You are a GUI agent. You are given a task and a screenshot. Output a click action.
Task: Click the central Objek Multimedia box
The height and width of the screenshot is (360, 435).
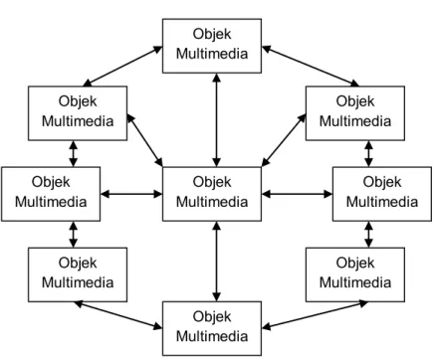coord(212,194)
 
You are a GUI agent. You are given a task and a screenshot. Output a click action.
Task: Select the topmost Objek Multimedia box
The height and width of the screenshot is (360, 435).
coord(212,46)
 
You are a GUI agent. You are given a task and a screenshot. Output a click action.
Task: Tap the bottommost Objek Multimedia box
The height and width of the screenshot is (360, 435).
coord(212,328)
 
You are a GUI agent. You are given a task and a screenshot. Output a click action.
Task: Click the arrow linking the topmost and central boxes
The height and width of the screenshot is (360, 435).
coord(217,120)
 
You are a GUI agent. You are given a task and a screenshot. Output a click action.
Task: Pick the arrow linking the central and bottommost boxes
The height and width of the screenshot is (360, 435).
coord(217,262)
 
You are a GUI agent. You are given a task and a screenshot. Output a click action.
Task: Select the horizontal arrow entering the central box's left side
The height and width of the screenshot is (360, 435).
coord(131,194)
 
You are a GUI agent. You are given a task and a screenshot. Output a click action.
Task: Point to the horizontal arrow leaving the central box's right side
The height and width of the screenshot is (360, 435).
coord(297,194)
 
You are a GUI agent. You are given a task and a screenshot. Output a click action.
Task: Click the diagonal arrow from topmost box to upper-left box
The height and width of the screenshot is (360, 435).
coord(122,67)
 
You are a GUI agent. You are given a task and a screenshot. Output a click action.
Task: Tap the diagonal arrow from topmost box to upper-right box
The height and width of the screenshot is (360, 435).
coord(311,67)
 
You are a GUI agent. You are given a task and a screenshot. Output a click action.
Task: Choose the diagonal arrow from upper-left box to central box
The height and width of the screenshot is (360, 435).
coord(144,140)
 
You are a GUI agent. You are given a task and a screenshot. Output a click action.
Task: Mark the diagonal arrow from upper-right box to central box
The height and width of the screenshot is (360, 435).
coord(284,140)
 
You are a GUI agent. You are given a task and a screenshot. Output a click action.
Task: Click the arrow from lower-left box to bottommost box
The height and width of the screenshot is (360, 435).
coord(118,315)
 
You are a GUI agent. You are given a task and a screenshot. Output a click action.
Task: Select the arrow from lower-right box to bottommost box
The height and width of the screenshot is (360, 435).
coord(315,315)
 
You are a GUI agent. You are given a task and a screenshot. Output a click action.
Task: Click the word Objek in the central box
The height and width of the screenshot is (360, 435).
coord(212,182)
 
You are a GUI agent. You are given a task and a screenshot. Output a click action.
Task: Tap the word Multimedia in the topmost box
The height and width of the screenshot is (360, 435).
coord(212,54)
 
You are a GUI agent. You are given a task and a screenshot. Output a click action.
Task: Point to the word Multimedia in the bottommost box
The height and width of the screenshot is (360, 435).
coord(212,336)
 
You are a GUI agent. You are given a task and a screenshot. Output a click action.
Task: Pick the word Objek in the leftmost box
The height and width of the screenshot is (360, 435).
coord(51,182)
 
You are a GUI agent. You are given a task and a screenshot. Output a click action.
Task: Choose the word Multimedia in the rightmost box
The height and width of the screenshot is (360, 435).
coord(382,202)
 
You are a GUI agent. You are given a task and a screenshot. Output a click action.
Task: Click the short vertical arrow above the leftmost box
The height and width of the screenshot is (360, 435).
coord(74,153)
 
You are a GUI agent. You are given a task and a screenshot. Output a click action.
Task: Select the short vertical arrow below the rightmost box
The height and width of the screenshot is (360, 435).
coord(368,235)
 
